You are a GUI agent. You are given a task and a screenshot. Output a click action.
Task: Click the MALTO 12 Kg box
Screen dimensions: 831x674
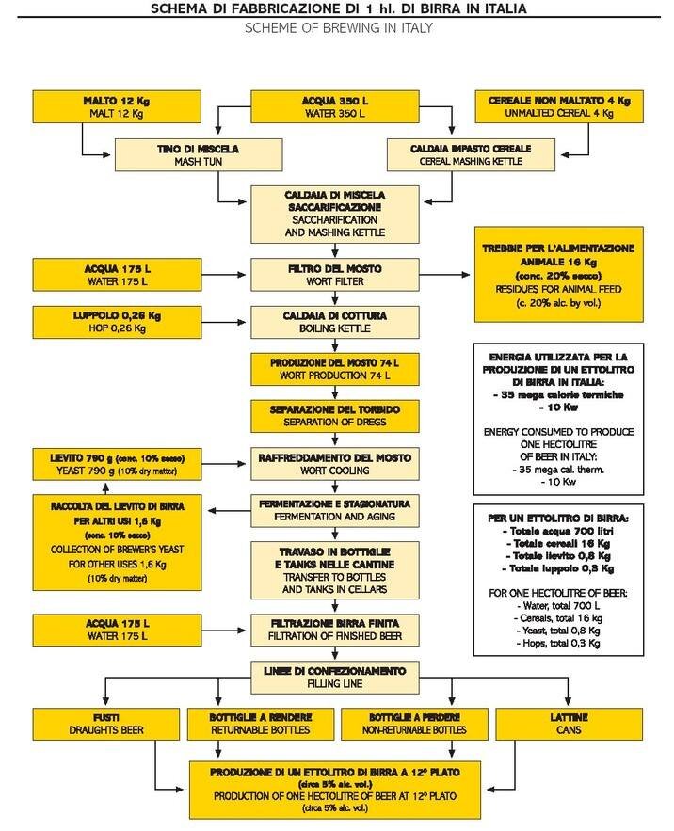(112, 106)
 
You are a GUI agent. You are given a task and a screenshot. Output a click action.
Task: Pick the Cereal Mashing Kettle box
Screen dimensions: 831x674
(470, 155)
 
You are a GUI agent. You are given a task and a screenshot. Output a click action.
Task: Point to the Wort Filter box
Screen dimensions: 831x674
(335, 276)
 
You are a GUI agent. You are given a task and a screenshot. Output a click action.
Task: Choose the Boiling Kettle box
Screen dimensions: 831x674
(335, 321)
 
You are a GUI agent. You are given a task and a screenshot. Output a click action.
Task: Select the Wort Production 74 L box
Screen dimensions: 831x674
(335, 369)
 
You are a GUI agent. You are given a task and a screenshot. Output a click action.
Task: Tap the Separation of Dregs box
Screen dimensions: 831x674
(335, 415)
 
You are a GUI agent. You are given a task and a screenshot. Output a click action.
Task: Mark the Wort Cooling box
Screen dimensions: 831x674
(335, 464)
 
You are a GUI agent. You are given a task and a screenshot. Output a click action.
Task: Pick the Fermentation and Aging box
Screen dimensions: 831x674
(335, 511)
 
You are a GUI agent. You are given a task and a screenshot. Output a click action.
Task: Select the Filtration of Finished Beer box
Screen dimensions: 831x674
(335, 627)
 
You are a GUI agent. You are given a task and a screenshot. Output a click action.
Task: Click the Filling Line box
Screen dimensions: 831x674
(335, 676)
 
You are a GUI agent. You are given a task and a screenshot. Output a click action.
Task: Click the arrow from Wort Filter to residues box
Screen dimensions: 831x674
(443, 276)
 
